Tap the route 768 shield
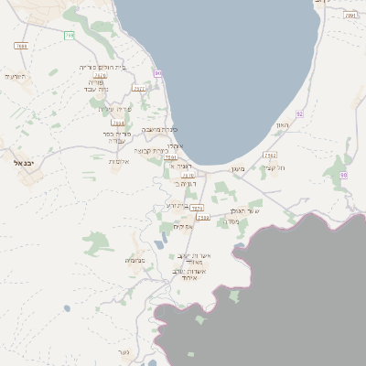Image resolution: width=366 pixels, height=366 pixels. (x=70, y=35)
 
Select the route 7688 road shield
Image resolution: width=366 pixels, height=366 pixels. (x=22, y=45)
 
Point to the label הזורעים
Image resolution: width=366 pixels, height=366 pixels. (x=14, y=76)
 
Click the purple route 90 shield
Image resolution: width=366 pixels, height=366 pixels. (x=158, y=72)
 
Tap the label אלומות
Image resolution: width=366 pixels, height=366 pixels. (x=119, y=162)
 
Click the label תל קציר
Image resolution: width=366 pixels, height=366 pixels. (x=275, y=167)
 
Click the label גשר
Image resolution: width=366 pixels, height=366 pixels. (x=124, y=352)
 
